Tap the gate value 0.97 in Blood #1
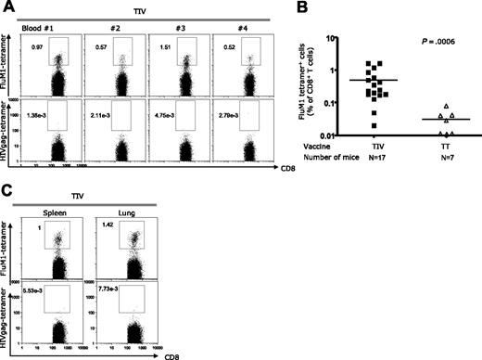tap(37, 45)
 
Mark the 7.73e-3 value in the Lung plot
tap(119, 292)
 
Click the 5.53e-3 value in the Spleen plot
tap(41, 292)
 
